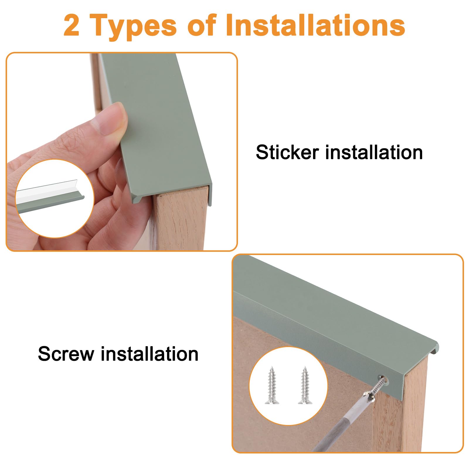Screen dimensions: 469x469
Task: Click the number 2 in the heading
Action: [72, 26]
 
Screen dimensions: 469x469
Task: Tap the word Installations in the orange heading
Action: [315, 26]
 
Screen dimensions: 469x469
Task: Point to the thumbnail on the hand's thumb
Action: [111, 120]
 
